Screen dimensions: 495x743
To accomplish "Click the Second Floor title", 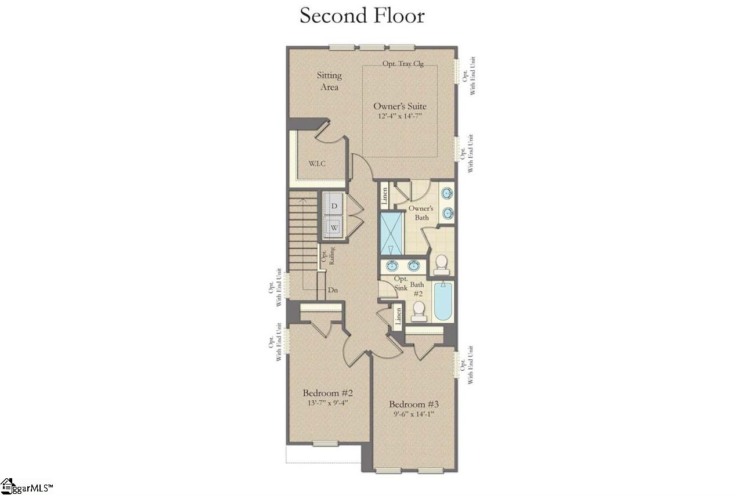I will [362, 16].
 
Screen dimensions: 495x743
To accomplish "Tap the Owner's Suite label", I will [400, 107].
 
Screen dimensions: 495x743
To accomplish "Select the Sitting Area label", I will [329, 81].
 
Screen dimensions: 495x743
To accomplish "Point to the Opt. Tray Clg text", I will [402, 64].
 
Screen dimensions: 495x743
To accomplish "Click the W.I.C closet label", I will [317, 163].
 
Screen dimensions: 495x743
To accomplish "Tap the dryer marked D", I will [334, 205].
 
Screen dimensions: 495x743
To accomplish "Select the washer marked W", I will [334, 227].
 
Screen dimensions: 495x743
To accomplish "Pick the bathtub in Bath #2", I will [443, 302].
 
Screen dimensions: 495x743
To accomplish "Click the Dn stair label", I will [333, 290].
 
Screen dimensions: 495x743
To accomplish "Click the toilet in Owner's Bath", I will [442, 265].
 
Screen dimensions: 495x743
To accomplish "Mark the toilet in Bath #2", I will [418, 313].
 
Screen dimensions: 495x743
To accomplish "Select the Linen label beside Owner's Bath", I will [384, 196].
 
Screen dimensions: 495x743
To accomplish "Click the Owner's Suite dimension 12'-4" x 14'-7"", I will [400, 117].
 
